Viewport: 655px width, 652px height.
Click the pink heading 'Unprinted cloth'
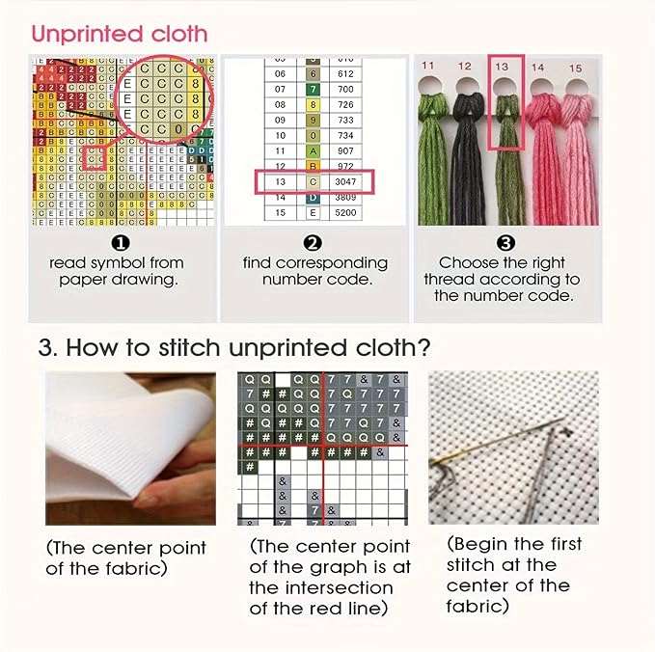coord(119,34)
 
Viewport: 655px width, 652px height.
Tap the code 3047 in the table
coord(345,181)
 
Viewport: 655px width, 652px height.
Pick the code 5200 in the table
coord(345,212)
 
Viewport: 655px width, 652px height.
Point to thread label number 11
coord(428,66)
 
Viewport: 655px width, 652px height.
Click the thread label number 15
coord(575,68)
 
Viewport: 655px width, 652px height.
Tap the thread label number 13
coord(501,67)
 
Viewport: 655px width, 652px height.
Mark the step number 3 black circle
coord(506,243)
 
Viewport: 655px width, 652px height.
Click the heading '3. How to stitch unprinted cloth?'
coord(233,346)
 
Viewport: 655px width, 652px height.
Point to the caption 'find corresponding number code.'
coord(314,271)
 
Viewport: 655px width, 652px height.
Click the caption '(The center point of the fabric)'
coord(125,558)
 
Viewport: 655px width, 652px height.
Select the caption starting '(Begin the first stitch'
coord(514,575)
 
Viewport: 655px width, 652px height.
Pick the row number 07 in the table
coord(280,89)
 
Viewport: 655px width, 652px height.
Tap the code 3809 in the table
coord(345,197)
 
